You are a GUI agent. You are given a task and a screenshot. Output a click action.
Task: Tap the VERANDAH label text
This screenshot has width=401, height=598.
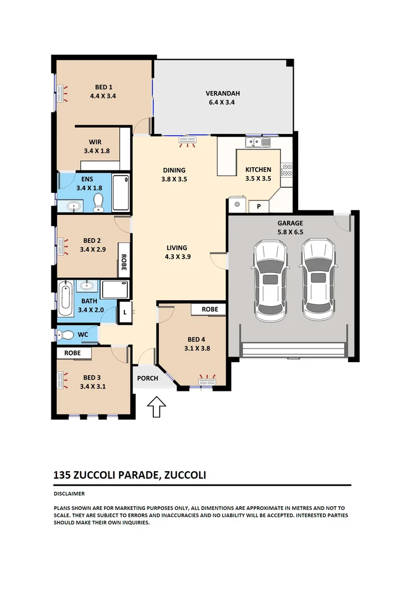(222, 94)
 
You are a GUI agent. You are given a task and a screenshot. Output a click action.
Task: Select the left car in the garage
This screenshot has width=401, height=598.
(270, 282)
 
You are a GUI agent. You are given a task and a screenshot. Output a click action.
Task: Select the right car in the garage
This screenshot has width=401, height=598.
(318, 282)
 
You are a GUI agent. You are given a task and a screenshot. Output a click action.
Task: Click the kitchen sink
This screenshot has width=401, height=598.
(258, 143)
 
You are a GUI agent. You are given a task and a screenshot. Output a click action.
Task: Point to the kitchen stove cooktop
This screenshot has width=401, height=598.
(287, 170)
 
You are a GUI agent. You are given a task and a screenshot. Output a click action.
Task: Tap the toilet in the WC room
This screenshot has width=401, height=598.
(67, 334)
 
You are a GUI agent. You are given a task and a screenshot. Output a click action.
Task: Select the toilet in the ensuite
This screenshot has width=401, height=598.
(99, 202)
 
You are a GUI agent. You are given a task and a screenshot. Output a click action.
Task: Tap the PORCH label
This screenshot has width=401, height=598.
(147, 379)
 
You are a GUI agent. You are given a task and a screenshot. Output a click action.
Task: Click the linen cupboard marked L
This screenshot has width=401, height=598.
(126, 312)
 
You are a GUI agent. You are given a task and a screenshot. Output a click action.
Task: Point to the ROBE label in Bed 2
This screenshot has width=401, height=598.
(124, 261)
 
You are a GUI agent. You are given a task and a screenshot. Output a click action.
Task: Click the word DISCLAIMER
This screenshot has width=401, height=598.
(69, 493)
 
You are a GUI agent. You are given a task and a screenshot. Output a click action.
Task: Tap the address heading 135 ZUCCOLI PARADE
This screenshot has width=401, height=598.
(105, 475)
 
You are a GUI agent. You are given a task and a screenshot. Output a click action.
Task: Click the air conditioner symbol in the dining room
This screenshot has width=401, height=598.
(188, 142)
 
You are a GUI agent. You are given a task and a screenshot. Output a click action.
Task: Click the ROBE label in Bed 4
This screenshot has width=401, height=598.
(210, 309)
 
